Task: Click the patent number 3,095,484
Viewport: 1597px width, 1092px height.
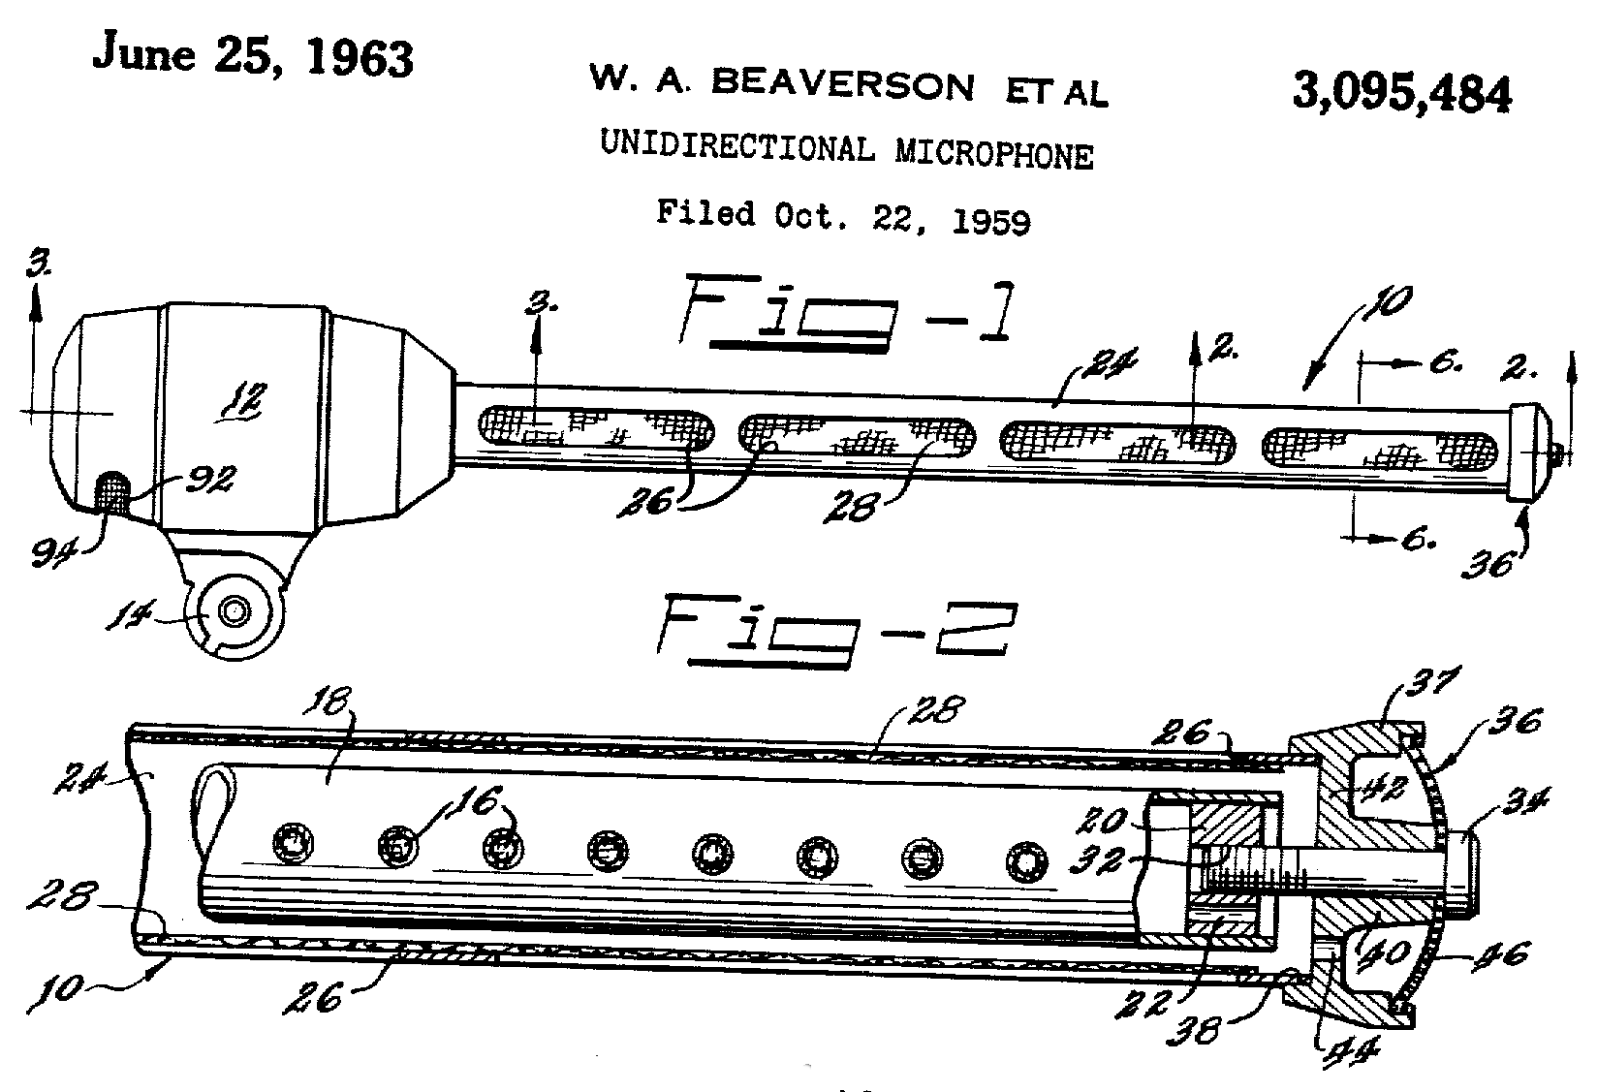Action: [1400, 94]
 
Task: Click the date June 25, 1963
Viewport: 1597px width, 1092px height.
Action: [252, 56]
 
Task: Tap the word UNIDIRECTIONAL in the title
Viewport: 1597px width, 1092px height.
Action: [736, 146]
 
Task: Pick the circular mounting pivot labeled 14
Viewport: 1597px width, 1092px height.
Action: [233, 611]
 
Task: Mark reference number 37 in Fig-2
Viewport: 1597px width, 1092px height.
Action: [1426, 685]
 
